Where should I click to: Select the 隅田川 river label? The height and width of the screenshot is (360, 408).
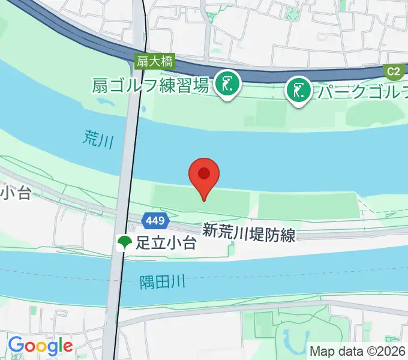[163, 280]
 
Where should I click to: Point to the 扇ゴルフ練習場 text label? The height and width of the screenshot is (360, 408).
[151, 85]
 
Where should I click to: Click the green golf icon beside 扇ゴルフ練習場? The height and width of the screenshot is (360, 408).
[228, 85]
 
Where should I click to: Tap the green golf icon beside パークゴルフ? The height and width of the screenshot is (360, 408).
[298, 91]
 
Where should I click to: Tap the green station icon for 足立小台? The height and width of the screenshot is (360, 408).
[125, 243]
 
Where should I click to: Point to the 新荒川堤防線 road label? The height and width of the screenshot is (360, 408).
[248, 232]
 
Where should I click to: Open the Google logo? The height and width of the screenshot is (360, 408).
[40, 346]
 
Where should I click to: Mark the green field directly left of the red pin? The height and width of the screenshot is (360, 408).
[171, 199]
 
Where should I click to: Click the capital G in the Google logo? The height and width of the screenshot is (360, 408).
[16, 345]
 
